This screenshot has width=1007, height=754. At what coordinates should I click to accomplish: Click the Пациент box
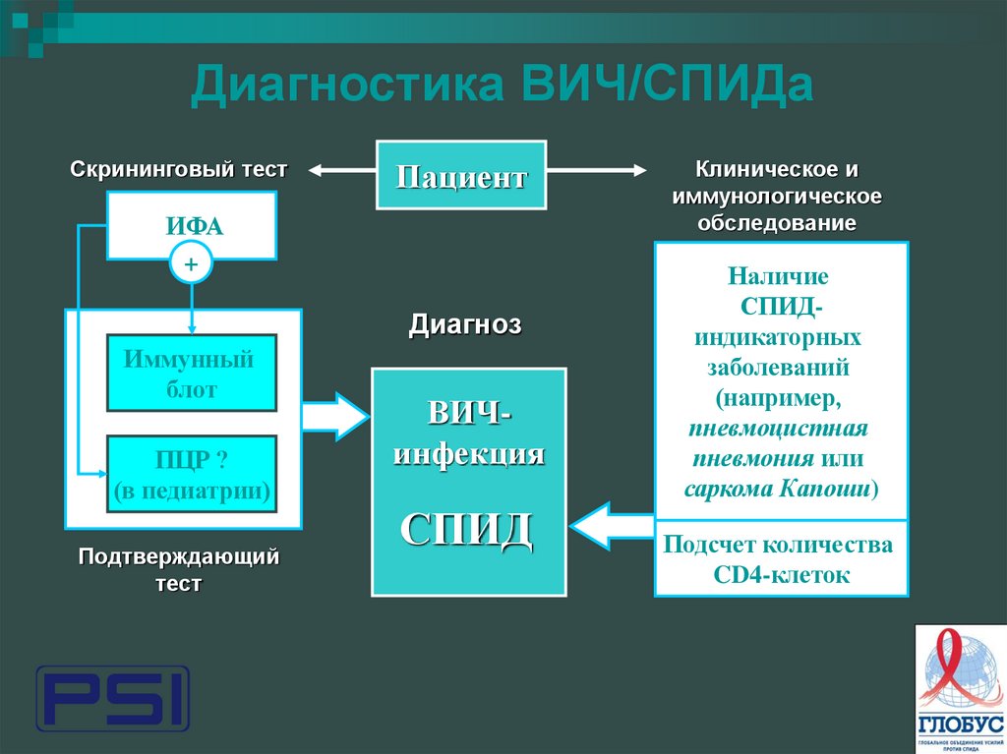tap(461, 175)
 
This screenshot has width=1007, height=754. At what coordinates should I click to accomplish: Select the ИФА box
tap(192, 227)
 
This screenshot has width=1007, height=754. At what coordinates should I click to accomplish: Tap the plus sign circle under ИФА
tap(192, 263)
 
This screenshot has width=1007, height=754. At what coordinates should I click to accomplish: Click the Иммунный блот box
tap(192, 373)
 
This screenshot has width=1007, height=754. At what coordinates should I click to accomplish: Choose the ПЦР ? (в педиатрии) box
tap(192, 474)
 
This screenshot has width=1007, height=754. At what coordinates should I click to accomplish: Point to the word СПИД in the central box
tap(467, 531)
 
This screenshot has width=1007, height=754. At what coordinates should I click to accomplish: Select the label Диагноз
tap(465, 324)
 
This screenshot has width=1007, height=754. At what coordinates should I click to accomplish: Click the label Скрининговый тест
tap(179, 169)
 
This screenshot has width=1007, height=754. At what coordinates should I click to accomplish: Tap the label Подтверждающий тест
tap(179, 570)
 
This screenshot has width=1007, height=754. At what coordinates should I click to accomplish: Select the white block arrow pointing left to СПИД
tap(612, 526)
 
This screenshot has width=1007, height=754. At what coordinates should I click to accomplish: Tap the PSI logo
tap(112, 699)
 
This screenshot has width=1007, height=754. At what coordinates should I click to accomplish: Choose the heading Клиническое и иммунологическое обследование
tap(777, 196)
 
